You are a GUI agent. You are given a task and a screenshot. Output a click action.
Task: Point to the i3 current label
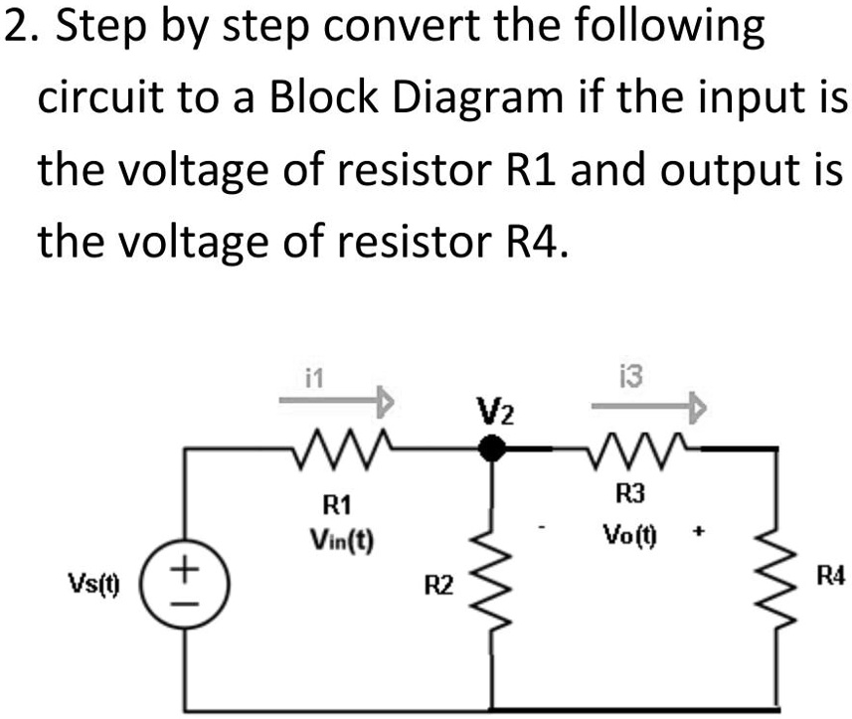tap(629, 376)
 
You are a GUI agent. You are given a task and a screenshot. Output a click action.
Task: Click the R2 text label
tap(438, 583)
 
